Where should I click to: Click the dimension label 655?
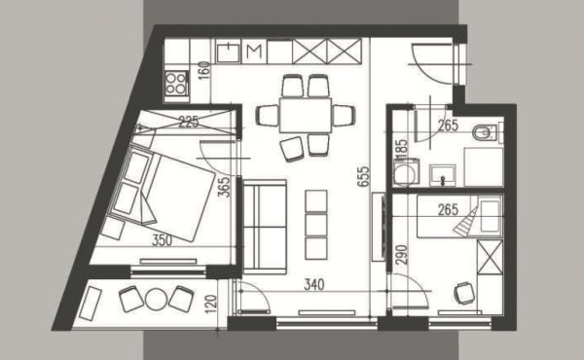tap(363, 176)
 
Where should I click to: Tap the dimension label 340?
tap(314, 285)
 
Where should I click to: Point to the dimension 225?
tap(189, 122)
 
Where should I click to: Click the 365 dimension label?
tap(224, 187)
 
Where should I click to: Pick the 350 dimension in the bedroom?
tap(162, 240)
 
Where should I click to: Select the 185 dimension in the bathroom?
tap(403, 148)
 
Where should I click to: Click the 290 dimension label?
tap(402, 255)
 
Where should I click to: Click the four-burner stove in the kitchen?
tap(176, 83)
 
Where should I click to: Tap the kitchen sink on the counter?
tap(228, 53)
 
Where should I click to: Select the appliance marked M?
tap(254, 53)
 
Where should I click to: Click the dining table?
tap(306, 115)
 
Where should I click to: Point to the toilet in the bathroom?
tap(486, 133)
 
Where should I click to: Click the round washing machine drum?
tap(405, 174)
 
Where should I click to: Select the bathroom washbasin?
tap(443, 175)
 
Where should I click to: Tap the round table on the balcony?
tap(156, 299)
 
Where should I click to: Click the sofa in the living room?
tap(265, 227)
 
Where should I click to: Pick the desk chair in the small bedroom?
tap(465, 293)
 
